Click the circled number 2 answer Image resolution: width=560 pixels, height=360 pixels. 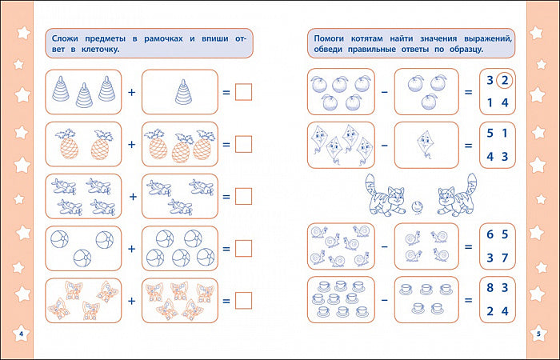point(504,80)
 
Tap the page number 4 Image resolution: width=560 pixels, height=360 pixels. point(21,334)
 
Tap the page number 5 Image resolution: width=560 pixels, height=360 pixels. point(539,334)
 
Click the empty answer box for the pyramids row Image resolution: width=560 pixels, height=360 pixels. point(243,92)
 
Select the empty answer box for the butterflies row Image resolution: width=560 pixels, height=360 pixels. point(243,300)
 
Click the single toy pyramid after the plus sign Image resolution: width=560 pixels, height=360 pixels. point(183,92)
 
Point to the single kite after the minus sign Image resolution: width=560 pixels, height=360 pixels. point(425,143)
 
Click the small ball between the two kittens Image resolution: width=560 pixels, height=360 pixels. point(417,207)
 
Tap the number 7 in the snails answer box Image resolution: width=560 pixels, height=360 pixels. point(505,258)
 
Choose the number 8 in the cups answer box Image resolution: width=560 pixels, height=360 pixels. point(490,287)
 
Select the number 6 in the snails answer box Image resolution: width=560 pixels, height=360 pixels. point(490,234)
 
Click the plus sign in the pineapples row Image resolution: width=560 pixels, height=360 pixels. point(132,144)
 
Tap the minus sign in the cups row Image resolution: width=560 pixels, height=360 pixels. point(384,300)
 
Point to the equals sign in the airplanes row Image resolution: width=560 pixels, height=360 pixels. point(226,197)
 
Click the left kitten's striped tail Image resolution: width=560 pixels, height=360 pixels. point(371,186)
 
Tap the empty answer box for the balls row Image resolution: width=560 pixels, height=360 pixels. point(243,248)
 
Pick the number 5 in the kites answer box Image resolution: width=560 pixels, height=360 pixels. point(490,134)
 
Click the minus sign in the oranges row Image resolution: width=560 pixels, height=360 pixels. point(384,92)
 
